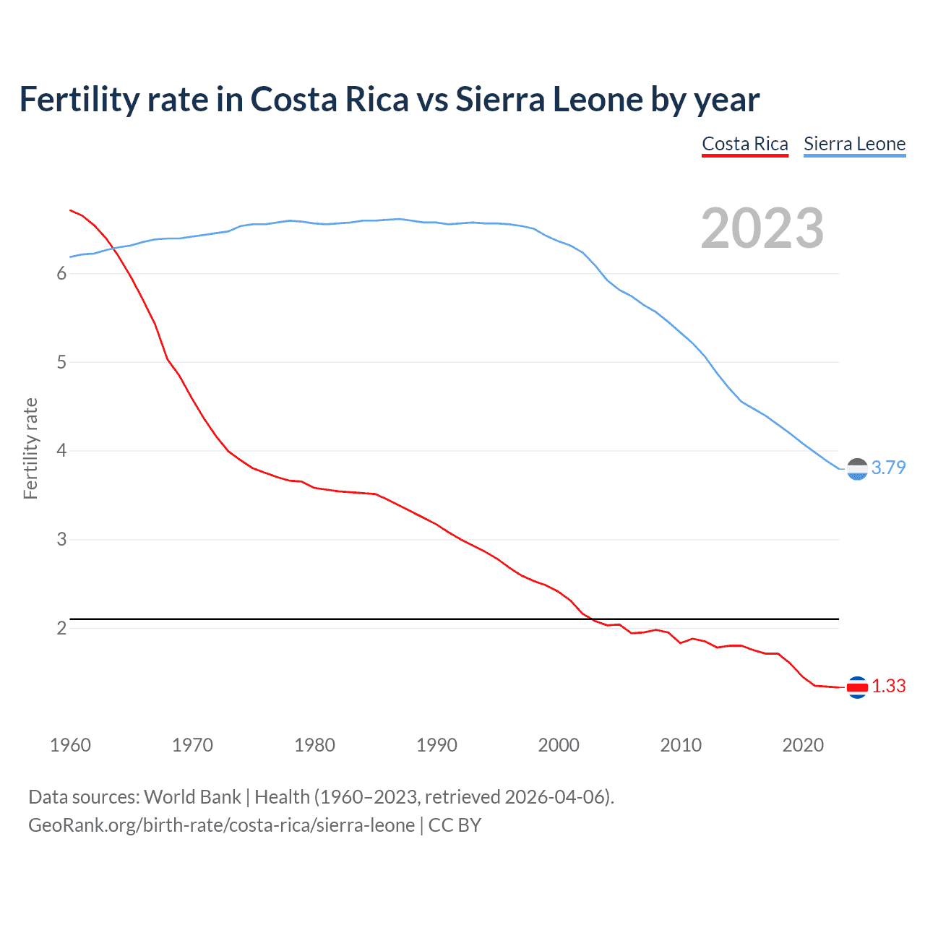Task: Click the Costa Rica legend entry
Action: coord(745,144)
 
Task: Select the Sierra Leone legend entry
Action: coord(854,144)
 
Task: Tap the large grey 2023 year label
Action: coord(762,228)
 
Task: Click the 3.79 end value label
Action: coord(888,468)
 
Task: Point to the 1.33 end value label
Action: coord(888,686)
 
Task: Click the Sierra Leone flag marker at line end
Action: coord(857,469)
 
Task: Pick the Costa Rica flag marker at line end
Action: coord(857,687)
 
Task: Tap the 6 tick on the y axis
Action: coord(61,273)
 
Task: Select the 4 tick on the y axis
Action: coord(61,451)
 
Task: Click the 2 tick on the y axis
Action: coord(61,628)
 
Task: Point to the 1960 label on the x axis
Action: coord(70,745)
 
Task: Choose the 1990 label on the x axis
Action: coord(436,745)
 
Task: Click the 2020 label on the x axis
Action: coord(803,745)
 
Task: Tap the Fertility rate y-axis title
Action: coord(30,448)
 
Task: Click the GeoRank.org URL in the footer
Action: coord(221,825)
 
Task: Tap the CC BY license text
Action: coord(455,825)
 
